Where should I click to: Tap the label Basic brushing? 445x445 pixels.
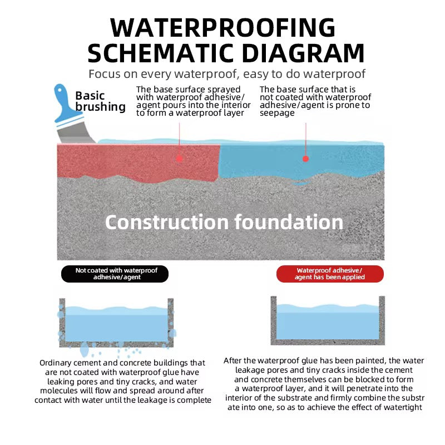100,101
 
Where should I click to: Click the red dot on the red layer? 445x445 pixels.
179,158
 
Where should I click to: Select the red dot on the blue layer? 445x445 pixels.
305,159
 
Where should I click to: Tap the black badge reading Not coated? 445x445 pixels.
114,274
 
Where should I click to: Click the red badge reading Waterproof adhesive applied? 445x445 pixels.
330,274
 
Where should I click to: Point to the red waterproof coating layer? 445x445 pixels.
139,161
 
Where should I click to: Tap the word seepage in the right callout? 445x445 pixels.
277,113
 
